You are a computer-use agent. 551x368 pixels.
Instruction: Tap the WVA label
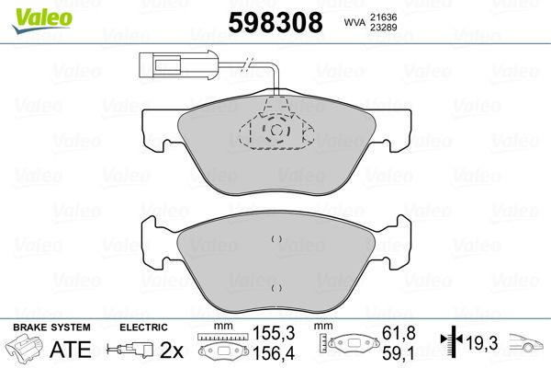(x=354, y=23)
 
